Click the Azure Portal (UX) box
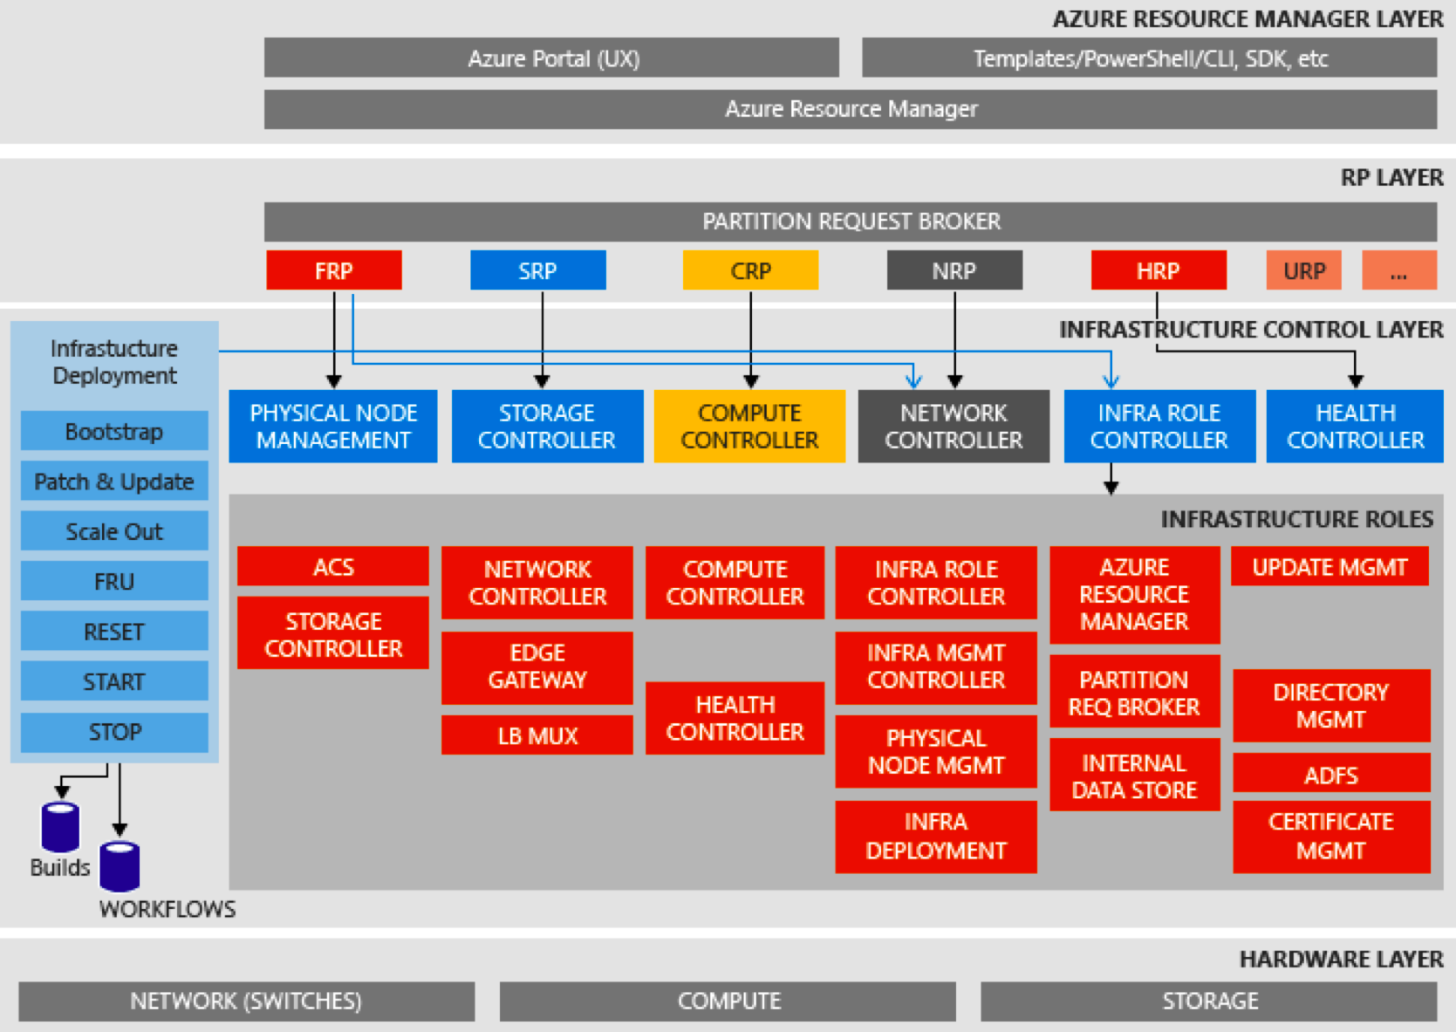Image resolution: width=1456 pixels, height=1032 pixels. (x=551, y=58)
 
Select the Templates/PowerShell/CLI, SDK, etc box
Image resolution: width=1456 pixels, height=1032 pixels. (x=1149, y=58)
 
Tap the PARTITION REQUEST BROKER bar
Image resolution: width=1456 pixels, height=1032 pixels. (x=851, y=222)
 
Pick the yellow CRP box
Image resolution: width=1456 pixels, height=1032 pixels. (x=750, y=270)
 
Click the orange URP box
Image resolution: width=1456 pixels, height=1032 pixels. (x=1303, y=270)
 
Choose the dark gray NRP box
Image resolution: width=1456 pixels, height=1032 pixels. (x=954, y=270)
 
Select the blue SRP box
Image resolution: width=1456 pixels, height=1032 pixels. (x=537, y=270)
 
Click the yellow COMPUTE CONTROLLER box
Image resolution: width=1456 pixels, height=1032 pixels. (x=749, y=426)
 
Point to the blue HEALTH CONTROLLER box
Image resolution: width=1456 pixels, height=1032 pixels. (x=1355, y=426)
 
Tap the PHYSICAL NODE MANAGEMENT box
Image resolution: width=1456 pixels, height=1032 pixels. (x=333, y=426)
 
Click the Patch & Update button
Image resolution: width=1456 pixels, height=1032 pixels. (x=114, y=482)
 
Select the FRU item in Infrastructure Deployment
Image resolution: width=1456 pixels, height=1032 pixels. (x=114, y=581)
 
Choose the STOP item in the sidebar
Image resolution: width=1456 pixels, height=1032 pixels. (x=114, y=732)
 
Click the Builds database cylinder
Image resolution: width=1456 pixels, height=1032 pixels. (x=60, y=826)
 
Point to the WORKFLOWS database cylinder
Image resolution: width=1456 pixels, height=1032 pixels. (x=120, y=865)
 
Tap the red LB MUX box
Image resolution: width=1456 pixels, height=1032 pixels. (x=537, y=735)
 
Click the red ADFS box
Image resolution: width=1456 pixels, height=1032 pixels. (x=1330, y=774)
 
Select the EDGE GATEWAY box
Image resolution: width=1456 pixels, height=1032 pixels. (x=537, y=666)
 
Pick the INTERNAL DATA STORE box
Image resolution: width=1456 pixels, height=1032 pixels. (x=1134, y=776)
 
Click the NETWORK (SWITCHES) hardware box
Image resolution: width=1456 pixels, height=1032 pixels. (x=246, y=1001)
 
